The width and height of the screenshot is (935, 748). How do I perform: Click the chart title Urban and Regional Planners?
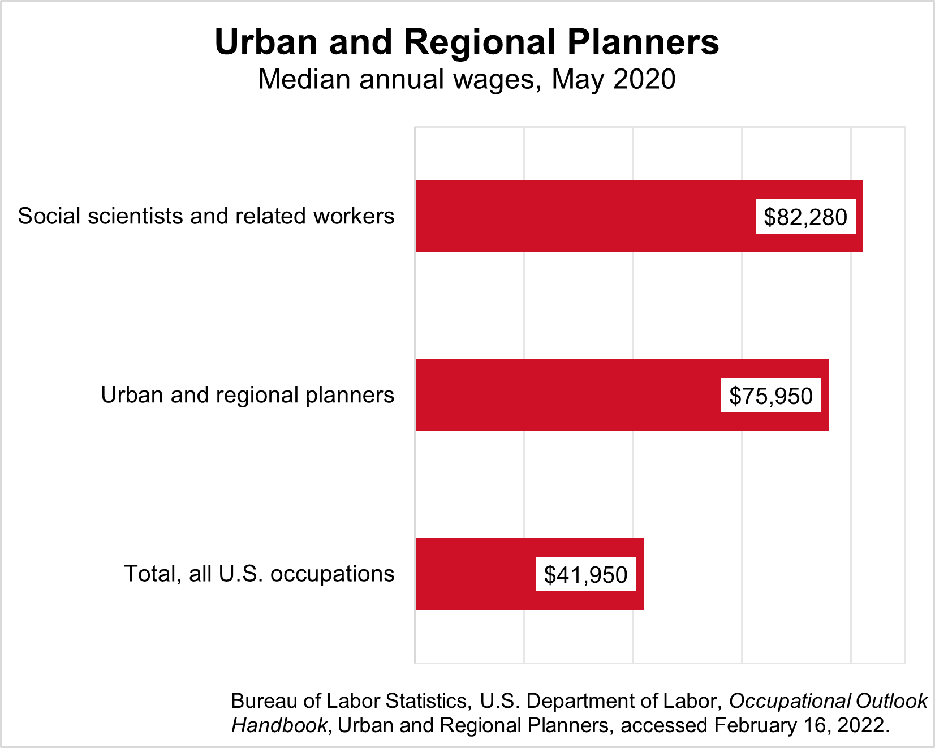(467, 42)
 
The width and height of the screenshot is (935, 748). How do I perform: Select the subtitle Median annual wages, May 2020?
(467, 79)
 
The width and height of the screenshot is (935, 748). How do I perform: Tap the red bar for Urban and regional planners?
(566, 395)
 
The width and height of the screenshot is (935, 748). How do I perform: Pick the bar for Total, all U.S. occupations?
(475, 574)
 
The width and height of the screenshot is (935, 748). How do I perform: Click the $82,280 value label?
(805, 217)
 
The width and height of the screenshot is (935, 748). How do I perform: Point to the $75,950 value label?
(771, 396)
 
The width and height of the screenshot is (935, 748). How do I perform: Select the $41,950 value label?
(585, 574)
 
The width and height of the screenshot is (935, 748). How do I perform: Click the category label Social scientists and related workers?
(206, 216)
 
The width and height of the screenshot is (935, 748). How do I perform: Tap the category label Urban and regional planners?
(247, 395)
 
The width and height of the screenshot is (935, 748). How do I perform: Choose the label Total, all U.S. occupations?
(259, 574)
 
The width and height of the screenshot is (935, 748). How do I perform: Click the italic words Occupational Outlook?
(828, 701)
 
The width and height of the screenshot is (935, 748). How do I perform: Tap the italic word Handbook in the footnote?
(279, 725)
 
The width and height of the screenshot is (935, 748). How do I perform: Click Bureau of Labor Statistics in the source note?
(348, 701)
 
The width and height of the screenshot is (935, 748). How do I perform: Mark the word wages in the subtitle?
(494, 79)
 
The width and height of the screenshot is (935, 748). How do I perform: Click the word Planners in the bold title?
(643, 42)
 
